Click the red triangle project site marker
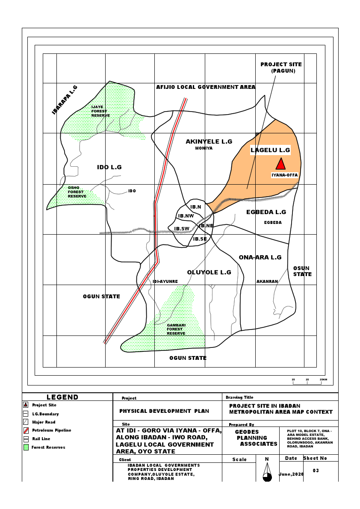click(x=280, y=164)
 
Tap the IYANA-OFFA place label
click(x=284, y=175)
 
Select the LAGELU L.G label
click(x=270, y=150)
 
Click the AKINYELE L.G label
click(x=209, y=141)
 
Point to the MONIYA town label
click(x=204, y=148)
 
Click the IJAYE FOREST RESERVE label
click(x=100, y=111)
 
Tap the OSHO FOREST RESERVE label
click(x=77, y=192)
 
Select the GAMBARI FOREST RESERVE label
click(x=176, y=329)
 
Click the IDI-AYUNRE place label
click(x=165, y=282)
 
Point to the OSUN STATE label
click(x=302, y=271)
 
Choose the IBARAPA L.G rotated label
click(x=65, y=100)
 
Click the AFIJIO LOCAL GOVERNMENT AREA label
click(x=206, y=87)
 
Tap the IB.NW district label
click(x=186, y=216)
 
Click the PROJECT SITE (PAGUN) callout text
click(x=281, y=68)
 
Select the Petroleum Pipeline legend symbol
click(x=26, y=430)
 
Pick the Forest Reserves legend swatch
click(x=26, y=447)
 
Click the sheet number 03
click(x=316, y=471)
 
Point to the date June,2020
click(x=291, y=474)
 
